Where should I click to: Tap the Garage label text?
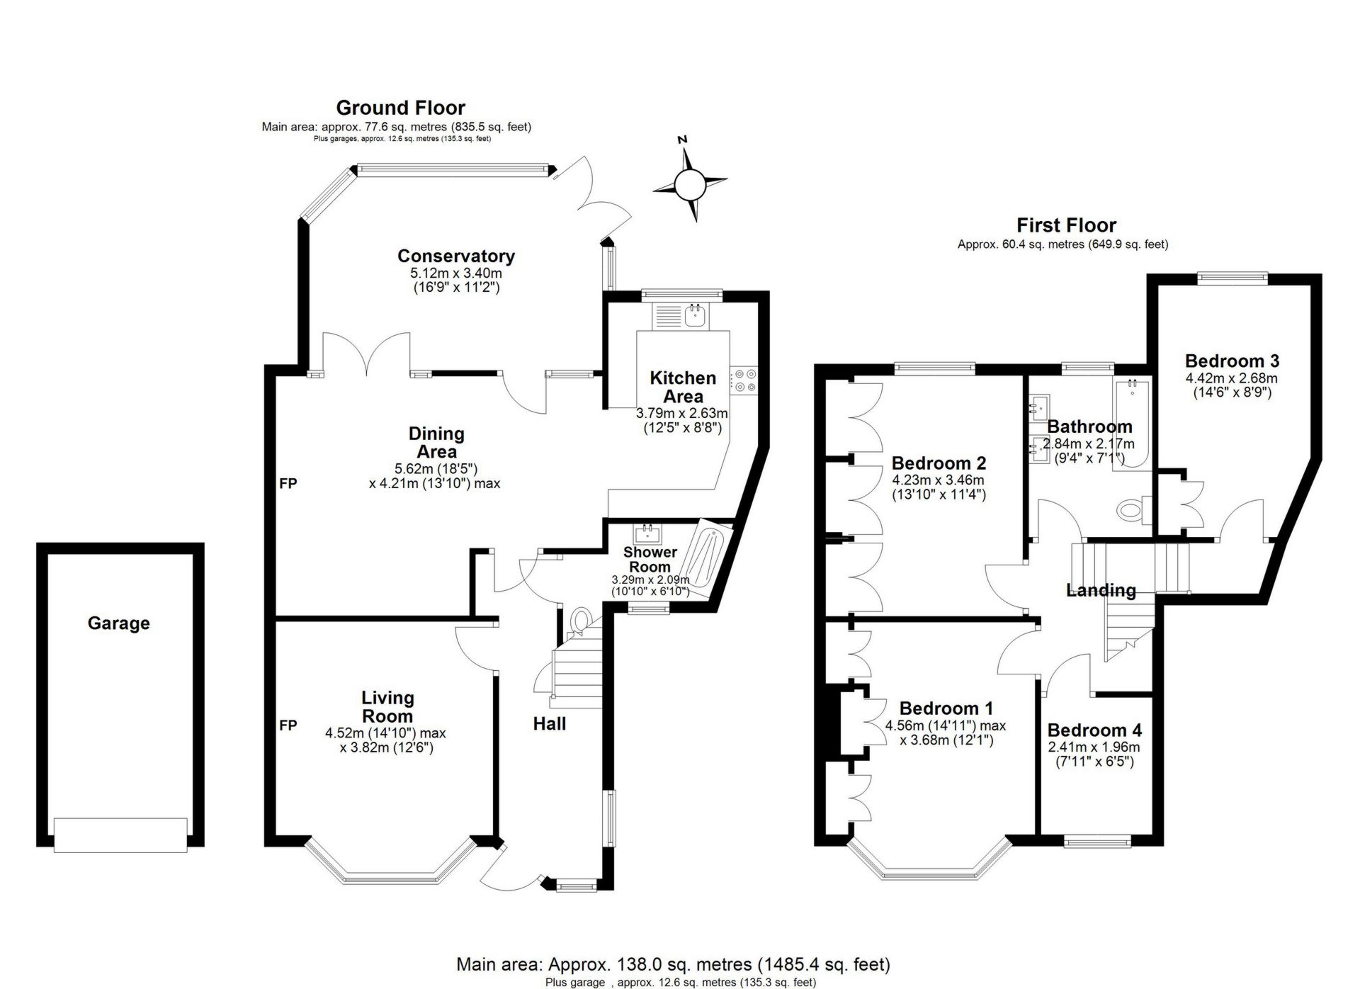click(118, 623)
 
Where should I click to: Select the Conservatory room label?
click(455, 256)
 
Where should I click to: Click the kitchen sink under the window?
click(696, 315)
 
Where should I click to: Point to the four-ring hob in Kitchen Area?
click(743, 380)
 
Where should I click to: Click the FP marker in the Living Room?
click(288, 725)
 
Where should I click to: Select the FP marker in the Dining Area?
click(288, 484)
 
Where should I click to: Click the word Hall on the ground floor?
click(549, 724)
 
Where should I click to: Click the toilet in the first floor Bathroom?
click(1131, 509)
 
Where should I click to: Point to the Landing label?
click(1101, 590)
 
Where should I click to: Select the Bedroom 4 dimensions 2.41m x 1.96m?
click(1094, 747)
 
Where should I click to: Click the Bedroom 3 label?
click(1232, 361)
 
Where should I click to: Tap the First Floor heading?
click(1066, 225)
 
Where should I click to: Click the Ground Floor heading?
click(400, 108)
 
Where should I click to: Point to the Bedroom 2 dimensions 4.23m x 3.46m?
click(938, 480)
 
